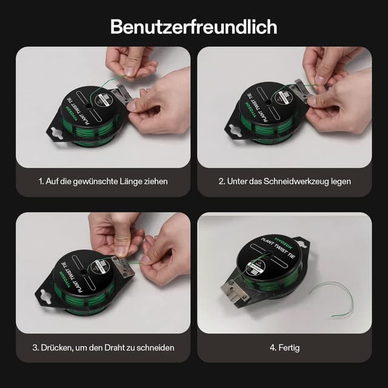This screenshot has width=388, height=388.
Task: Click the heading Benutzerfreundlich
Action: tap(193, 27)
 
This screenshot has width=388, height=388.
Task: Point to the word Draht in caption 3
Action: tap(124, 347)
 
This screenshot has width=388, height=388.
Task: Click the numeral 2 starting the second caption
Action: tap(221, 181)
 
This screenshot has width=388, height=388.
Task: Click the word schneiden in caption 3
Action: tap(156, 347)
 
